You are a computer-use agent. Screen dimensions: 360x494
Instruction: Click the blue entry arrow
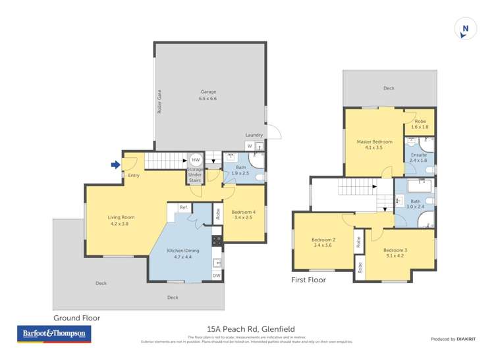point(116,165)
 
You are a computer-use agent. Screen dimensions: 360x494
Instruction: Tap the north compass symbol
point(465,29)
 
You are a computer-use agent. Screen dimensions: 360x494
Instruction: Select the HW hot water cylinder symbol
point(196,160)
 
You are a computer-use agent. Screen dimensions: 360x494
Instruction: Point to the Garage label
point(208,92)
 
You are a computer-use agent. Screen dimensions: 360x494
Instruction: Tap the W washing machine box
point(249,145)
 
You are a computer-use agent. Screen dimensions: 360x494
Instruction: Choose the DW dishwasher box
point(216,275)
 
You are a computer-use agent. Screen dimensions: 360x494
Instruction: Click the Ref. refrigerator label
point(184,207)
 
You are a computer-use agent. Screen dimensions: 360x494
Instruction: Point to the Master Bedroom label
point(374,141)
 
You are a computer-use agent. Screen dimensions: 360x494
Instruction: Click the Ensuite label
point(418,155)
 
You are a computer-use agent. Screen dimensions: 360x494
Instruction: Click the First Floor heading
point(308,280)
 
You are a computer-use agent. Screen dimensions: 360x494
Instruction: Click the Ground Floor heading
point(76,318)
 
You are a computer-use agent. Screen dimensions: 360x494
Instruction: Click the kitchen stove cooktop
point(216,241)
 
